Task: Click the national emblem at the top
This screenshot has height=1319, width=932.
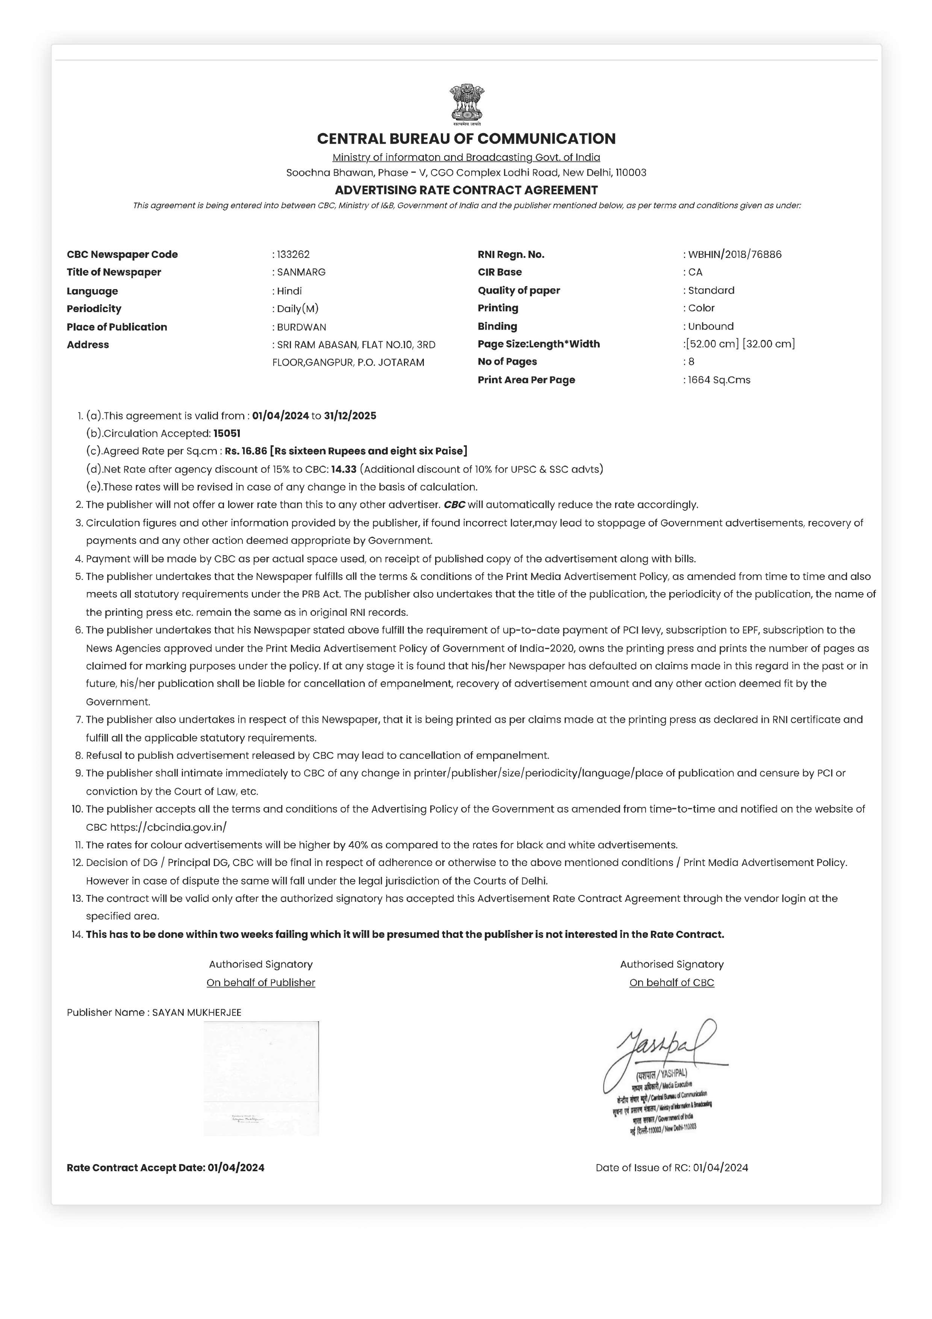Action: (466, 104)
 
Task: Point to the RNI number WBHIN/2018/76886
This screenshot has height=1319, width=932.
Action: (735, 254)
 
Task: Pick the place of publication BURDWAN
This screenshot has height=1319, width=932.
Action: (301, 327)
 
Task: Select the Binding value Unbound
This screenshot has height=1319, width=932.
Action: (711, 326)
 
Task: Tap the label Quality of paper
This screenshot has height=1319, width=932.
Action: (519, 291)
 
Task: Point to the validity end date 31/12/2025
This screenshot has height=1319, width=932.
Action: (350, 416)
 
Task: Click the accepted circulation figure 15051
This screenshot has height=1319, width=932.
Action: (227, 434)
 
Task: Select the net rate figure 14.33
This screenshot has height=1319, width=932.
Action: (343, 469)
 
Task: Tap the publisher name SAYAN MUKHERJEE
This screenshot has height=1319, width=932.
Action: (197, 1013)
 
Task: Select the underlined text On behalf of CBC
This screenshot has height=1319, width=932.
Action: (671, 983)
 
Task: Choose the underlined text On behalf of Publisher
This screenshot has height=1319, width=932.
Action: (261, 983)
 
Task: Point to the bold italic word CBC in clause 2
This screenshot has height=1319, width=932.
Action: (454, 505)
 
